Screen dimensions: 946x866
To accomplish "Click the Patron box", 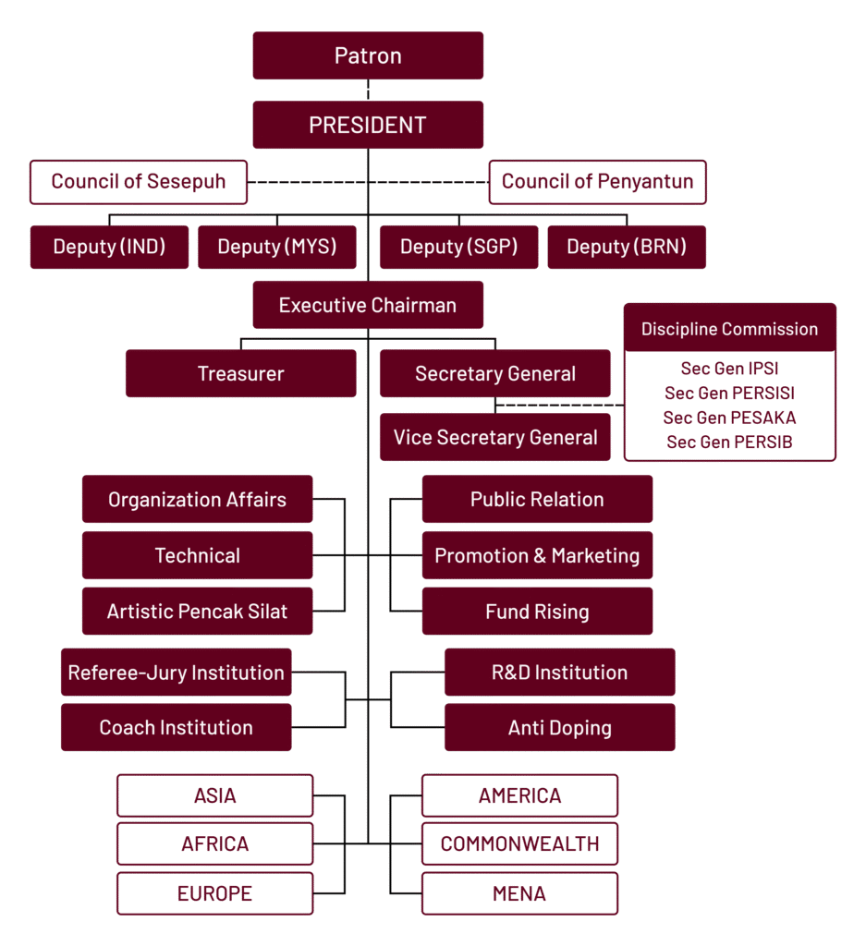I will tap(368, 55).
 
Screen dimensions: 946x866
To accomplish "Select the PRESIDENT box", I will tap(368, 125).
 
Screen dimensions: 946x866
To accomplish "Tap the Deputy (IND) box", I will tap(109, 247).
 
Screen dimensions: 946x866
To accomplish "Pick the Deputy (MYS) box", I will tap(276, 247).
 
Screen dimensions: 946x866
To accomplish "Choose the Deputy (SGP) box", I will tap(458, 247).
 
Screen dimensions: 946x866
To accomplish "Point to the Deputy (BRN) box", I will tap(627, 247).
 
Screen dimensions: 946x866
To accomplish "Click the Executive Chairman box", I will tap(368, 305).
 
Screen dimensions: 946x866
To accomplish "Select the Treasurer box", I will tap(240, 374).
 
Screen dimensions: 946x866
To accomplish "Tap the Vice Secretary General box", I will tap(495, 437).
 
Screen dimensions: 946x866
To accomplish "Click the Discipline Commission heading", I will tap(729, 329).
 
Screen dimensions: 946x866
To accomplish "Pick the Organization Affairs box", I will tap(197, 500).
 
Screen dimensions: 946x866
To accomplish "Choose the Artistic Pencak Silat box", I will tap(197, 612).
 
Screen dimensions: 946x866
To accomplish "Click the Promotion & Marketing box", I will tap(537, 555).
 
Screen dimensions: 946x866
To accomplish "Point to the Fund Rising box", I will tap(537, 612).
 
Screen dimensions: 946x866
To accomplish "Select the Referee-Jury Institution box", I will tap(176, 673).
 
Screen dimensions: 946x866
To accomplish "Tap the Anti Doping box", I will tap(559, 728).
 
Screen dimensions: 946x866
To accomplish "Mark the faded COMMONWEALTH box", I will tap(519, 844).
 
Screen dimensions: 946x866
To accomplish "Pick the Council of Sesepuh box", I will tap(138, 181).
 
